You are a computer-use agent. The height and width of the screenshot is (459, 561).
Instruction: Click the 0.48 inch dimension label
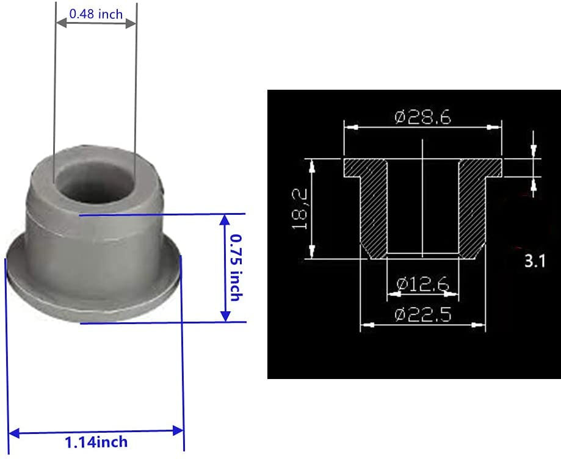(95, 13)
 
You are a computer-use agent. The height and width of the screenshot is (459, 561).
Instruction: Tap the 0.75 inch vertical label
(233, 268)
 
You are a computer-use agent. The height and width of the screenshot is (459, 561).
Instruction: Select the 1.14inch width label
(96, 441)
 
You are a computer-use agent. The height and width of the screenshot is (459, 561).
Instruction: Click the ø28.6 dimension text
(423, 117)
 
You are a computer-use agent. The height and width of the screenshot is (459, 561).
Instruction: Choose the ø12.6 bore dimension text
(422, 283)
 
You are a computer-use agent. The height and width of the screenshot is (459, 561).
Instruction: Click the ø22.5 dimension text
(422, 314)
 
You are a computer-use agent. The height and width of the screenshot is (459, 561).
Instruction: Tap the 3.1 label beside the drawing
(534, 262)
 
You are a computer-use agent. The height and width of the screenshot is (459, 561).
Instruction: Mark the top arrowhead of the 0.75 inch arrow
(225, 220)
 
